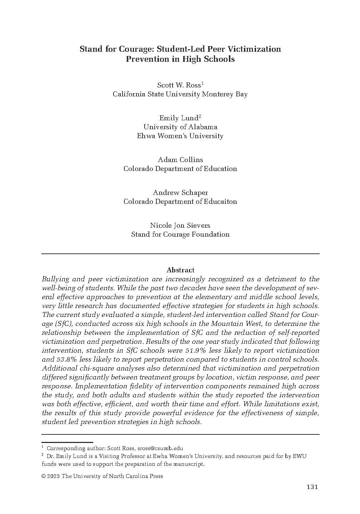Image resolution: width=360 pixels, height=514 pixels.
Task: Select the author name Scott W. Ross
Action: (x=179, y=85)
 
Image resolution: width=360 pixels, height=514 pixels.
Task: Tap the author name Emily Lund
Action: (x=179, y=118)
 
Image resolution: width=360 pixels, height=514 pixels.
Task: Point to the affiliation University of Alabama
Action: (x=180, y=127)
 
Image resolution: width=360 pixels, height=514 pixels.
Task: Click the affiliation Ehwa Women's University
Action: (x=180, y=136)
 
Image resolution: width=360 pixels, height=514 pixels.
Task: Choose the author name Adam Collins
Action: (x=180, y=160)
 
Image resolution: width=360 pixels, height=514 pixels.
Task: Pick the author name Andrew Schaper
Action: (x=180, y=193)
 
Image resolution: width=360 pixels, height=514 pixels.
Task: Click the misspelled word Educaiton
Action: (x=220, y=202)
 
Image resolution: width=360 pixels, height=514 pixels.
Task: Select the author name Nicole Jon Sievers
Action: (x=180, y=226)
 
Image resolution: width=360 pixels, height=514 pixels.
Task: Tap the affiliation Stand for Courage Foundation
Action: (x=180, y=235)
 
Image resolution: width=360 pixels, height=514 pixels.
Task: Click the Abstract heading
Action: (x=180, y=270)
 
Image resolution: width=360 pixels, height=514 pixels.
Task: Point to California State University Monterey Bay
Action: (x=180, y=94)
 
